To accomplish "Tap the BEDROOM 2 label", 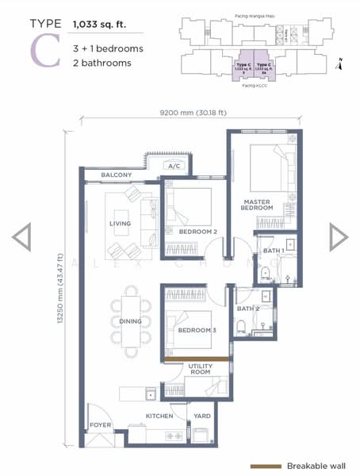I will point(198,231).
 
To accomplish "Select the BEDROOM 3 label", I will point(197,330).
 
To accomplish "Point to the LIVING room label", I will point(120,225).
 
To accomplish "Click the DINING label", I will point(130,321).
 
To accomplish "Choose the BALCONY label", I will point(117,175).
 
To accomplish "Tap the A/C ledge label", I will point(174,166).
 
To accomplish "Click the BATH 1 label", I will point(274,251).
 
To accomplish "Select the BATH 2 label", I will point(248,309).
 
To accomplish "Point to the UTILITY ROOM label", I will point(200,368).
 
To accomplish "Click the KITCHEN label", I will point(159,416).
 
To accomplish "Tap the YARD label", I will point(202,416).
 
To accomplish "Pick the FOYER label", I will point(100,425).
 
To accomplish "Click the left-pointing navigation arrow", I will point(21,236).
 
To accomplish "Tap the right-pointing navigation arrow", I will point(339,236).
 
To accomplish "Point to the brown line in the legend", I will point(266,466).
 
